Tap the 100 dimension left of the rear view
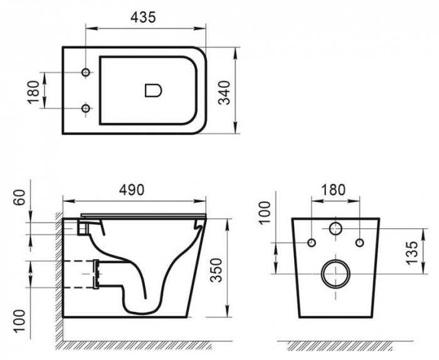tap(264, 212)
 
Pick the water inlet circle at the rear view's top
tap(336, 228)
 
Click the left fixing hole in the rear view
tap(312, 243)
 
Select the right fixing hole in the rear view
tap(359, 243)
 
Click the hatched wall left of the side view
tap(57, 270)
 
